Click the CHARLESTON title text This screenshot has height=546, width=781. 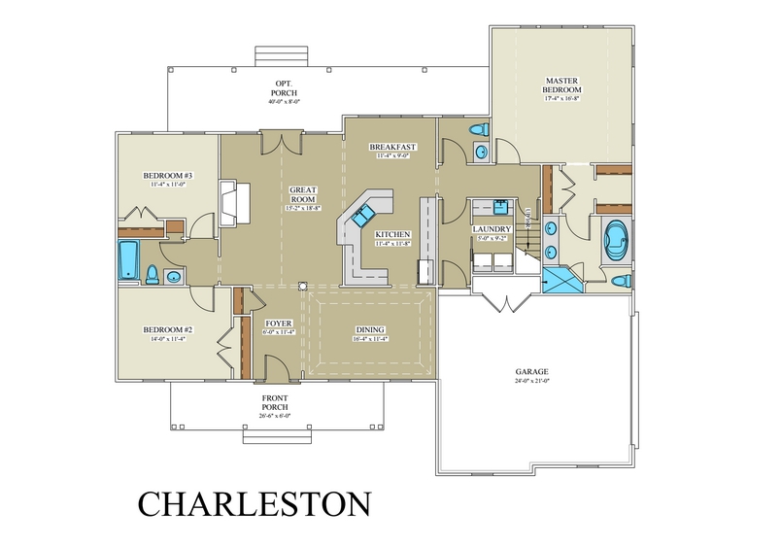tap(254, 503)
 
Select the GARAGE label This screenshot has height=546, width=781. tap(531, 371)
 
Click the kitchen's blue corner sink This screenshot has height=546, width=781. tap(364, 217)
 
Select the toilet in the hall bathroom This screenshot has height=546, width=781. tap(150, 275)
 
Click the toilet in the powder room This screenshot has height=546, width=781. tap(478, 129)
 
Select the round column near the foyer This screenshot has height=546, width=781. tap(303, 287)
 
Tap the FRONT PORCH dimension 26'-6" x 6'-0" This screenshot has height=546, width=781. tap(275, 415)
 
